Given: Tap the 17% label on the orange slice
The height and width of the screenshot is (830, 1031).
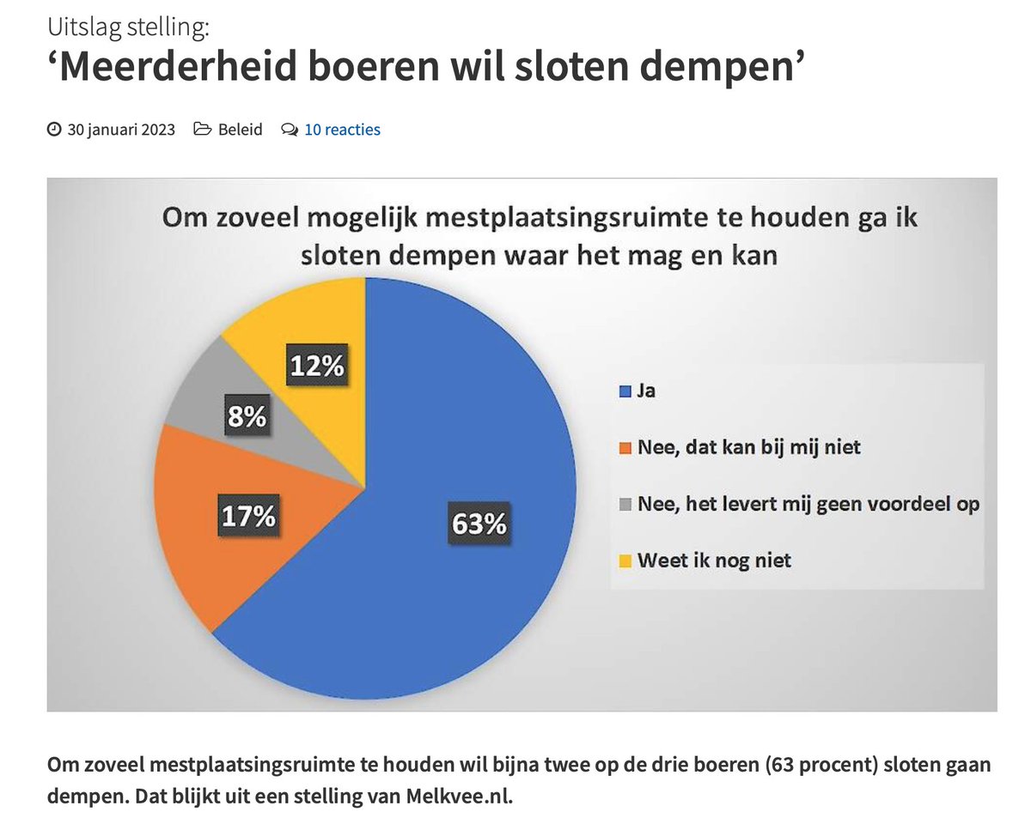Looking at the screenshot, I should pyautogui.click(x=247, y=516).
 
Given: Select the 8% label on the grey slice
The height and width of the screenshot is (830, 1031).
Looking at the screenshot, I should pyautogui.click(x=247, y=418).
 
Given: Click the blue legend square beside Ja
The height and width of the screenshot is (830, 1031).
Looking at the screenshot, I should pyautogui.click(x=625, y=392).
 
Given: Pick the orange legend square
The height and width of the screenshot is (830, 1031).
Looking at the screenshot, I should pyautogui.click(x=625, y=447).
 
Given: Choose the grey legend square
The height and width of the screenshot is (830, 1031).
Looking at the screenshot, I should pyautogui.click(x=625, y=505).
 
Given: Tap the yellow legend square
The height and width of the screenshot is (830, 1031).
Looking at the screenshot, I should pyautogui.click(x=625, y=560).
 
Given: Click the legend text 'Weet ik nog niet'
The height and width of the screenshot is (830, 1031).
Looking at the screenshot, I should pyautogui.click(x=713, y=560).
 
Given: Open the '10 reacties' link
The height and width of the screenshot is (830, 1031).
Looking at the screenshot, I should pyautogui.click(x=342, y=130).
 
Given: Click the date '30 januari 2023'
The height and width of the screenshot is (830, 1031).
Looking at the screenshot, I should pyautogui.click(x=121, y=130).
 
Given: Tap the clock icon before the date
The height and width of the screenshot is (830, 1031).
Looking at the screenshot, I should pyautogui.click(x=54, y=130).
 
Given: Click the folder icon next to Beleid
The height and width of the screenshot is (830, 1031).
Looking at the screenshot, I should pyautogui.click(x=203, y=130).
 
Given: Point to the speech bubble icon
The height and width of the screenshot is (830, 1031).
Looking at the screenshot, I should pyautogui.click(x=290, y=130).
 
